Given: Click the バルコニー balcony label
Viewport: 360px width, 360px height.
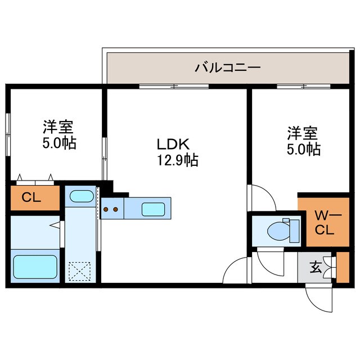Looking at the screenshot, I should [227, 68].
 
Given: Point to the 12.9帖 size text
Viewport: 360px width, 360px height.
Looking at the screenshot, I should [177, 160].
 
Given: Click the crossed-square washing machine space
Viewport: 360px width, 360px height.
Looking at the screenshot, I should [79, 272].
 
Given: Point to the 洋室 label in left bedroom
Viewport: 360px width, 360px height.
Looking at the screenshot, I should [60, 127].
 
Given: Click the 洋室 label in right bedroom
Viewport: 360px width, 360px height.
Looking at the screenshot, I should [303, 133].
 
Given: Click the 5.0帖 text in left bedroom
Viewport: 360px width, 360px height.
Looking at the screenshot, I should [60, 143].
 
